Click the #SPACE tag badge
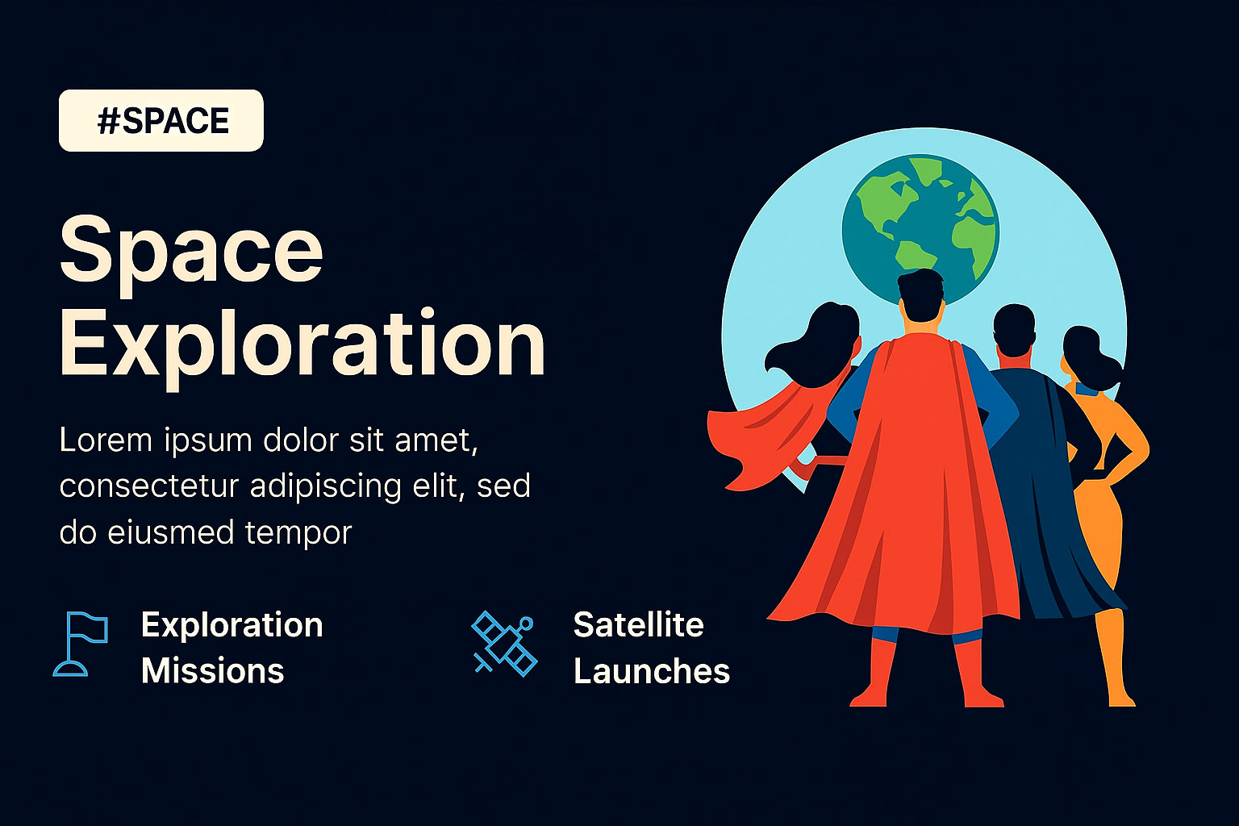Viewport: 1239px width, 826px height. pos(161,121)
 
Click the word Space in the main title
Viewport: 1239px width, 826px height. pos(191,256)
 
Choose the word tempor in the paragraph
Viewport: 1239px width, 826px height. pos(298,532)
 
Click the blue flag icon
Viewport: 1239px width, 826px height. pos(81,644)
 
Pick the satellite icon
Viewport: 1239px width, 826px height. pos(504,644)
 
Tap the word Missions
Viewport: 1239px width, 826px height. pos(212,671)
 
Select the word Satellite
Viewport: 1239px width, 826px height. pos(638,625)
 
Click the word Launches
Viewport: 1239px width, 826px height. pos(652,671)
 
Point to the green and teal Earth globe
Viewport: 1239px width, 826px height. pos(920,229)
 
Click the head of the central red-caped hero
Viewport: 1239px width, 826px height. pos(920,296)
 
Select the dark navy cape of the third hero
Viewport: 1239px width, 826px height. pos(1053,498)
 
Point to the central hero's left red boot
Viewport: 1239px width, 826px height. pos(874,672)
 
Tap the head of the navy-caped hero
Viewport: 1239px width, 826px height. pos(1014,330)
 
